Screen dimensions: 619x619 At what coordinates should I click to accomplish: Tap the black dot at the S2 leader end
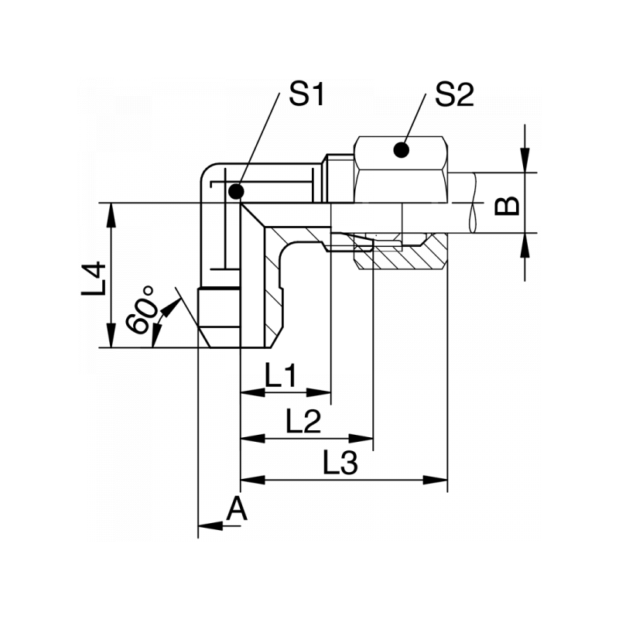(401, 149)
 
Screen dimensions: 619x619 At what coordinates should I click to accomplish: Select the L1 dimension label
(282, 377)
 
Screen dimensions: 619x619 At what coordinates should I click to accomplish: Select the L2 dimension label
(303, 422)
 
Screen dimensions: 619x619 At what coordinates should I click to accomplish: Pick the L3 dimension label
(340, 464)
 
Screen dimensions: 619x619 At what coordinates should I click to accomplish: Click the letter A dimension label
(237, 510)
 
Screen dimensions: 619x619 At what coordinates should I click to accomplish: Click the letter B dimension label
(507, 206)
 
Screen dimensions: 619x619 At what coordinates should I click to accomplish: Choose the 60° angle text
(141, 309)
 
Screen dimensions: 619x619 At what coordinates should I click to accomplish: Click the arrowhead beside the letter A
(209, 526)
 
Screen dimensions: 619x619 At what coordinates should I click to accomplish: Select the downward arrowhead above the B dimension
(525, 162)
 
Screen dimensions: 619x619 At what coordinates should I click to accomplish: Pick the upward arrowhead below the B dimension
(525, 243)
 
